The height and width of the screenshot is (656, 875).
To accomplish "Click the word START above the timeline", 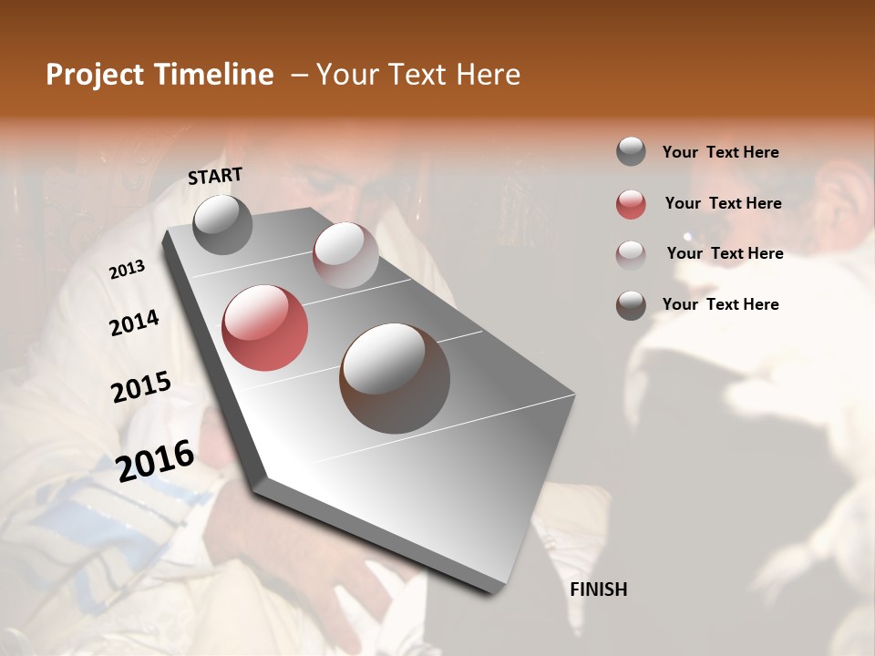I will click(215, 175).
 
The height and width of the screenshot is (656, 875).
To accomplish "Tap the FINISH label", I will click(598, 589).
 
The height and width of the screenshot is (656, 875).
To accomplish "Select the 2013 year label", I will click(127, 269).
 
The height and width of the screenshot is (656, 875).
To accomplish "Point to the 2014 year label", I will click(134, 323).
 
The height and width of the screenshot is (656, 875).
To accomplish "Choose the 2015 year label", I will click(141, 387).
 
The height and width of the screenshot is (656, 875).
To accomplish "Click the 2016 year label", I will click(155, 461).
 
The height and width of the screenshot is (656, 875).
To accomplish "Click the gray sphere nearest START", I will click(222, 224).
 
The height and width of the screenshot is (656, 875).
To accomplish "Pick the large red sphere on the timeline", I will click(265, 328).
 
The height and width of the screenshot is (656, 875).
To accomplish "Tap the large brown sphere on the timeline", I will click(395, 378).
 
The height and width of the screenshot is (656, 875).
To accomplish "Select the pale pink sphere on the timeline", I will click(345, 255).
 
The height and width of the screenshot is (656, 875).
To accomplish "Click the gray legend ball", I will click(631, 152).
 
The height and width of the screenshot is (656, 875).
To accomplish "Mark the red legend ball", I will click(631, 204).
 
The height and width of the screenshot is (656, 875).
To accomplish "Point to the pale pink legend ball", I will click(631, 254).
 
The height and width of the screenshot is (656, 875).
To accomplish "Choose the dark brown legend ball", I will click(631, 305).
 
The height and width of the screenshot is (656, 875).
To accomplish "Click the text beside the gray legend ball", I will click(720, 152).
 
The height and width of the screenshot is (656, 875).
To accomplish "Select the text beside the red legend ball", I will click(723, 203).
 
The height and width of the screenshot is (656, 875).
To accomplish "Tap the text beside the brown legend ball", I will click(720, 304).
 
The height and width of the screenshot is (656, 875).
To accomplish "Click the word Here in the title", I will click(488, 75).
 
